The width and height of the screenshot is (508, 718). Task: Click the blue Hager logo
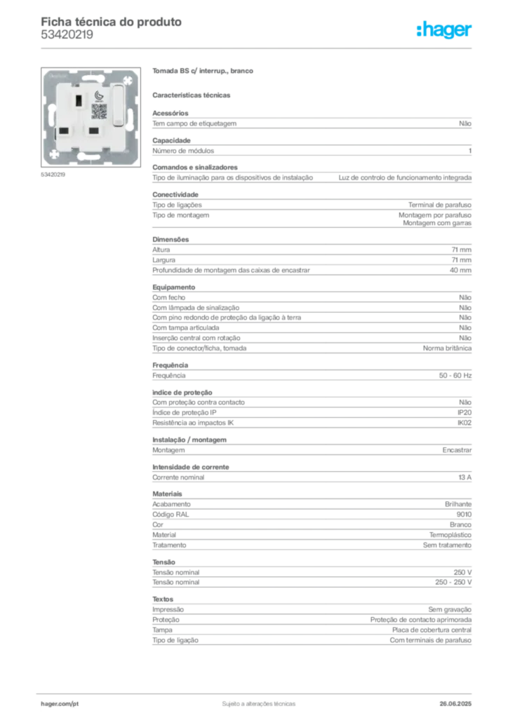pos(445,31)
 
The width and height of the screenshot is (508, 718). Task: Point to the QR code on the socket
pos(98,111)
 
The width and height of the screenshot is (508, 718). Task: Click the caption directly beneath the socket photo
pos(53,175)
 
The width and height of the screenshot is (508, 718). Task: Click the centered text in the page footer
pos(257,701)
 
